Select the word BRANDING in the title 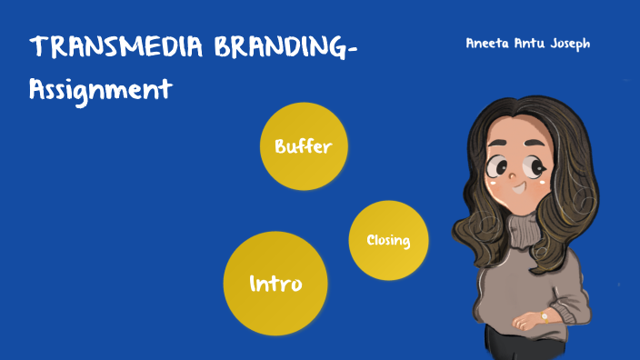(277, 49)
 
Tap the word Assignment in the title (100, 90)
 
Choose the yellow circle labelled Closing (388, 240)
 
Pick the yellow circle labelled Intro (275, 283)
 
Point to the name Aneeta (488, 43)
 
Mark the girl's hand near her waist (526, 321)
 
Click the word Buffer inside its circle (304, 145)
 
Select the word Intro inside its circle (275, 284)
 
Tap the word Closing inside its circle (388, 241)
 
